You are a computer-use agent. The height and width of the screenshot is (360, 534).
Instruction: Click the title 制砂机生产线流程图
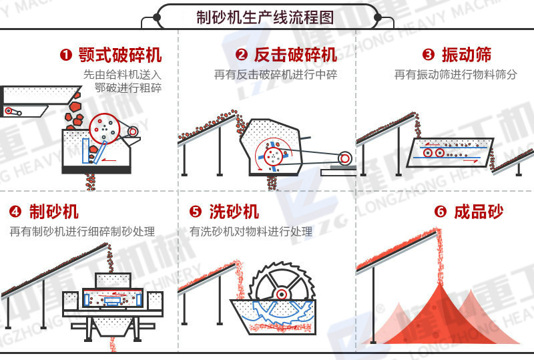tap(265, 16)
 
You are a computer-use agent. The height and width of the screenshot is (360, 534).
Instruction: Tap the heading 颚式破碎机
tap(119, 55)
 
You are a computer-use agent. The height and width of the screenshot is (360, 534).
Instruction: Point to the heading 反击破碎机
tap(296, 55)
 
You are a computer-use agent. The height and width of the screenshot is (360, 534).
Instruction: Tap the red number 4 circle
tap(15, 212)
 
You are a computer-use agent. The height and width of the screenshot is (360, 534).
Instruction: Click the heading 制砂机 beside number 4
tap(54, 212)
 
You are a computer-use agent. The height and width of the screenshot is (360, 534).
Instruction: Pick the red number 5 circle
tap(196, 212)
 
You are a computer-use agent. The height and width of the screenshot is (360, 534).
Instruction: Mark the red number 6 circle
tap(440, 212)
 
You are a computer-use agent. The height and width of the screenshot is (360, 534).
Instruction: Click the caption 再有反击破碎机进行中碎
tap(276, 75)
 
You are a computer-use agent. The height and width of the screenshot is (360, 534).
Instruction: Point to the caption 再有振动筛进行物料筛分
tap(455, 75)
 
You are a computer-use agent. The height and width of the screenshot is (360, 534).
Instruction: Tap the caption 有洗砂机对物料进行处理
tap(251, 232)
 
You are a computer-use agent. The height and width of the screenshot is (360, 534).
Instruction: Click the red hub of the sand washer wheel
tap(282, 294)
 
